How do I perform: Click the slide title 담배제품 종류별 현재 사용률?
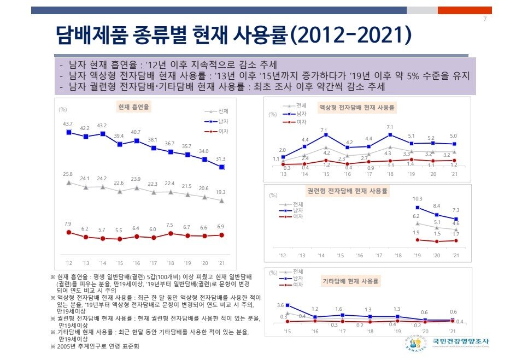[x=233, y=36]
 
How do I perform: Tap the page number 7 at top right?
[x=485, y=20]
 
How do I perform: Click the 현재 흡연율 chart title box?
[x=133, y=107]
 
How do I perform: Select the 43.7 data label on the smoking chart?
[x=68, y=124]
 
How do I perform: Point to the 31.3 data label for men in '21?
[x=221, y=158]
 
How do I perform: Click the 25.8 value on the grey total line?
[x=68, y=174]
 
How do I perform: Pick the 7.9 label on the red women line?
[x=68, y=224]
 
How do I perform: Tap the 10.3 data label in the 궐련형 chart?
[x=418, y=199]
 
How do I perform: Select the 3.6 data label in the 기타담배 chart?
[x=280, y=305]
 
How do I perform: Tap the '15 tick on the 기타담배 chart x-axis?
[x=288, y=332]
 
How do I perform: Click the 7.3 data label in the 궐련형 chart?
[x=455, y=210]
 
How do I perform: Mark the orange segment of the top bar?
[x=465, y=10]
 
